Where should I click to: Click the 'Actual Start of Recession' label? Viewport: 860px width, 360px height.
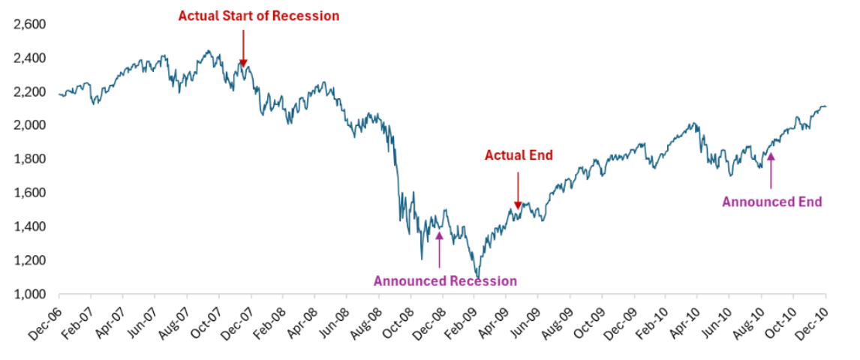pyautogui.click(x=258, y=15)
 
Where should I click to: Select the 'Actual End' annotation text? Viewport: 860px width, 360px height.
pyautogui.click(x=519, y=156)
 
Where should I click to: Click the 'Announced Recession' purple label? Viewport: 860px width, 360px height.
pyautogui.click(x=445, y=281)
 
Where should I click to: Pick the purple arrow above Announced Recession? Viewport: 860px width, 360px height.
pyautogui.click(x=439, y=247)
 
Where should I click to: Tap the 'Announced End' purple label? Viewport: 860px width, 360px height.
pyautogui.click(x=771, y=201)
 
